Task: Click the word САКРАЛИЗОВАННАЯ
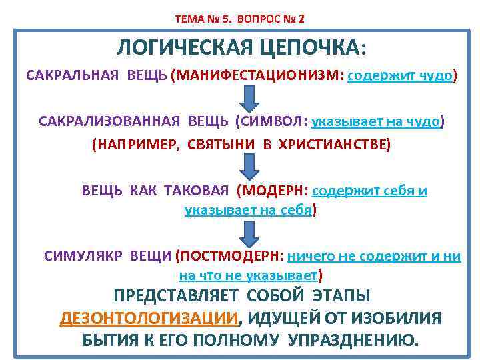(x=109, y=122)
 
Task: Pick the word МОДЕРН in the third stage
(x=275, y=191)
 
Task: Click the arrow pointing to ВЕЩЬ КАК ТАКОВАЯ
(x=249, y=166)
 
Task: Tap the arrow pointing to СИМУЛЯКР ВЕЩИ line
(x=249, y=232)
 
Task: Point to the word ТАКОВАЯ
(x=197, y=191)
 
